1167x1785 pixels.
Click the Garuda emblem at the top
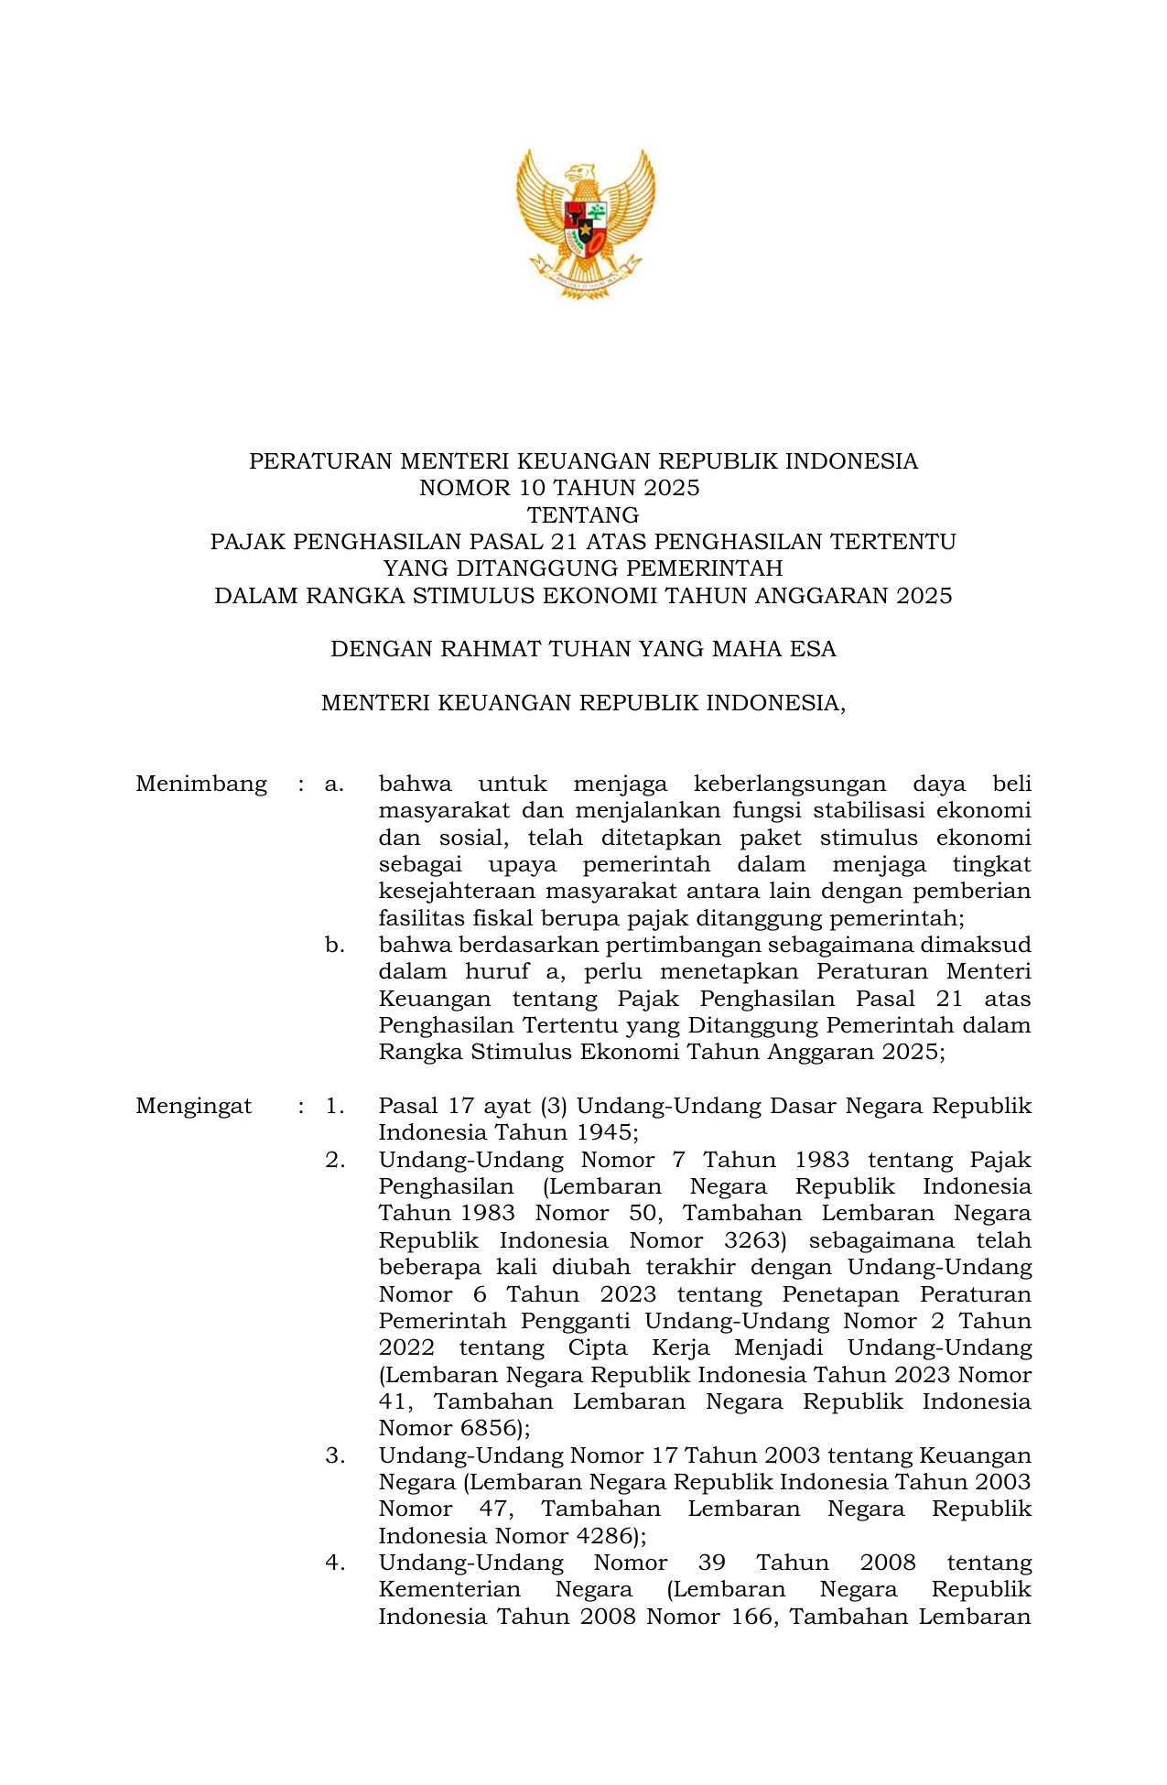tap(585, 222)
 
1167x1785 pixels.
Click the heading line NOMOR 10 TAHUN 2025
tap(559, 488)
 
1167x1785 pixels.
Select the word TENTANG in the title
tap(583, 514)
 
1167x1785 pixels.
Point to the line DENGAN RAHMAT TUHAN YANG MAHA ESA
tap(583, 649)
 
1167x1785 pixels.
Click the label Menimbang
tap(201, 784)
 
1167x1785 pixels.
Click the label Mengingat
tap(194, 1106)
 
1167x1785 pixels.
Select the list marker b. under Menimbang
tap(334, 945)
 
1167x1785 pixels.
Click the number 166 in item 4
tap(751, 1617)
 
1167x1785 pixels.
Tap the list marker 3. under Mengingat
tap(334, 1455)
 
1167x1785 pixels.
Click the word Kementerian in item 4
tap(449, 1590)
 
